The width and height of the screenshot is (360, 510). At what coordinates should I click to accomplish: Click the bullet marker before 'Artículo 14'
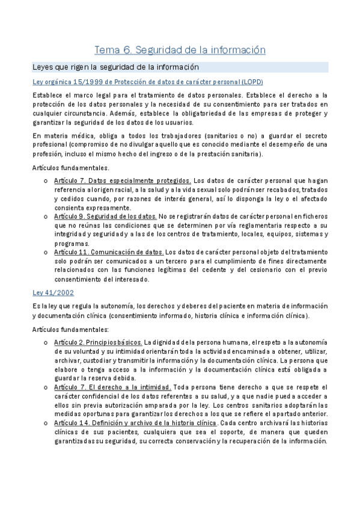click(x=46, y=423)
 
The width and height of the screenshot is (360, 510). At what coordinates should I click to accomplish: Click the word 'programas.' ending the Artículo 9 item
click(x=71, y=244)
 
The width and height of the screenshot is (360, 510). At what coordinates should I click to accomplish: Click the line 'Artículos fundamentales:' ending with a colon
click(x=70, y=329)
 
